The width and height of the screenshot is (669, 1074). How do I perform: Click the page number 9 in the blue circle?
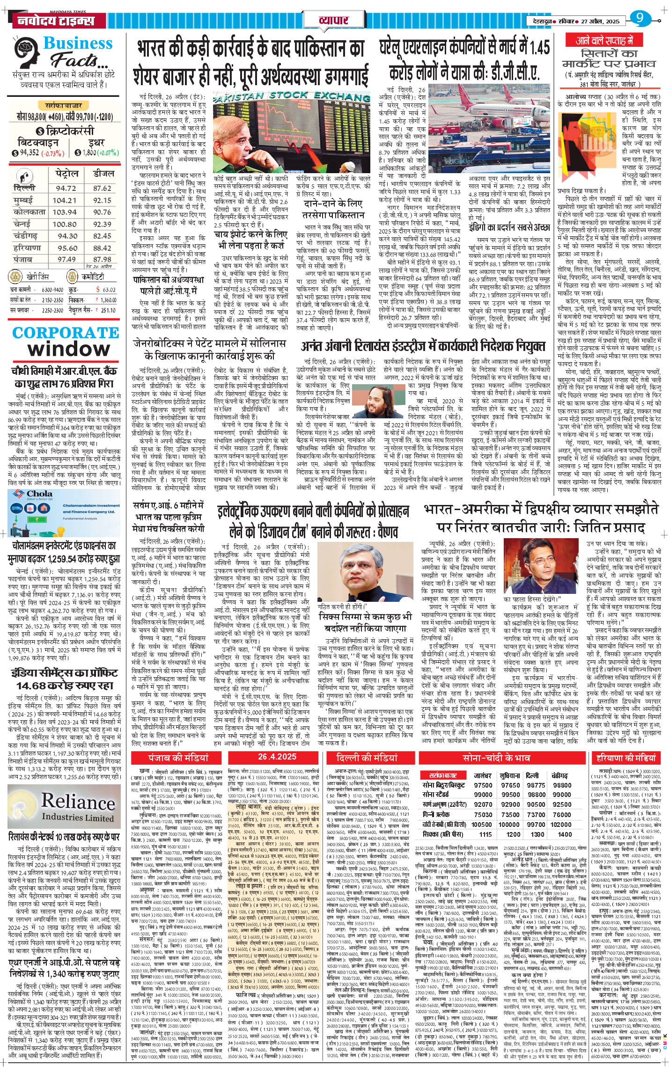point(640,19)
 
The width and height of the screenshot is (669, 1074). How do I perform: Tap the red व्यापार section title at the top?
point(333,20)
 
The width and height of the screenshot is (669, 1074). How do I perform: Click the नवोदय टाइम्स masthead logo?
point(55,21)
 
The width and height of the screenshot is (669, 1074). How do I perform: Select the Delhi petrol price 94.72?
point(66,188)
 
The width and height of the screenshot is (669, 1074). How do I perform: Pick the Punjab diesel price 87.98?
point(102,259)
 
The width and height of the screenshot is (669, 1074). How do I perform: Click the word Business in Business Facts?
point(78,43)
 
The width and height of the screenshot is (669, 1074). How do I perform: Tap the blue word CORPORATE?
point(66,333)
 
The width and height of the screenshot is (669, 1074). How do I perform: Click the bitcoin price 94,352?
point(29,153)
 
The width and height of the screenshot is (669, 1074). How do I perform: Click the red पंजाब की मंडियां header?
point(178,758)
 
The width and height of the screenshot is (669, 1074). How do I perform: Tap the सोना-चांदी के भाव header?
point(496,758)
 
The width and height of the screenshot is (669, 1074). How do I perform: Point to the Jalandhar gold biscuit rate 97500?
point(483,785)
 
